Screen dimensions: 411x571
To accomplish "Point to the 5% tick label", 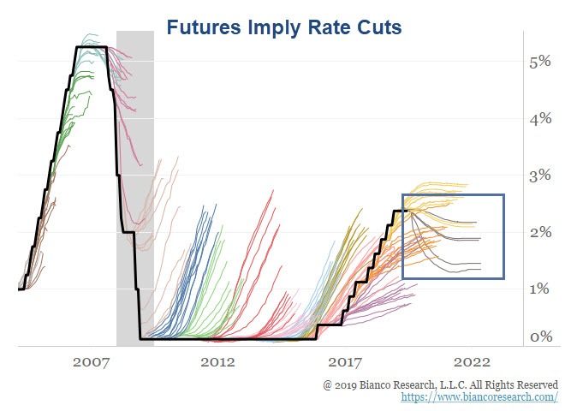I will pos(540,63).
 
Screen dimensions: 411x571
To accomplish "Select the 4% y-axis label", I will pos(540,119).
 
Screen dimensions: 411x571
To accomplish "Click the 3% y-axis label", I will pos(540,176).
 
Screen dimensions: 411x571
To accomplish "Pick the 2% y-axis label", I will pos(540,232).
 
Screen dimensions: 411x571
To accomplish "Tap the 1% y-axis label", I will pos(540,289).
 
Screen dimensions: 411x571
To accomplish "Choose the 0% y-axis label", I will pos(540,337).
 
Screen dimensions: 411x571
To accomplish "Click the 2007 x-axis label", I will pos(90,362).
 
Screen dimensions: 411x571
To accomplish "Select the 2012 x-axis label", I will pos(217,362).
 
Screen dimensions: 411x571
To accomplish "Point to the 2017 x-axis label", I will pos(347,362).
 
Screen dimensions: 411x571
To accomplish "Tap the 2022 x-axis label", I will pos(473,362).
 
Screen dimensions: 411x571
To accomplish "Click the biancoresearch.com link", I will pos(479,398).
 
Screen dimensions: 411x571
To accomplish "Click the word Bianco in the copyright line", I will pos(379,385).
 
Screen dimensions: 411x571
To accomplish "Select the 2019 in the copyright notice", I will pos(349,385).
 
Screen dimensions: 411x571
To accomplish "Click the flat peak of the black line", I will pos(91,47).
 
